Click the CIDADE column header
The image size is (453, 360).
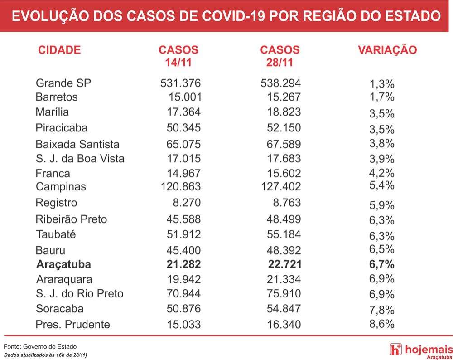pyautogui.click(x=59, y=50)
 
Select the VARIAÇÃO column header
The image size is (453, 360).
pyautogui.click(x=387, y=50)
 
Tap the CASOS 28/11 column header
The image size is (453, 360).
pyautogui.click(x=280, y=56)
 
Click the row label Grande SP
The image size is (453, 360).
pyautogui.click(x=63, y=83)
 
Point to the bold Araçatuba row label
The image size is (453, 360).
pyautogui.click(x=63, y=264)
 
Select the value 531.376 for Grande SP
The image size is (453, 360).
pyautogui.click(x=180, y=83)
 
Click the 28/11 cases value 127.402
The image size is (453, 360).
pyautogui.click(x=281, y=186)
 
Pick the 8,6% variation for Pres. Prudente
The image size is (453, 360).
pyautogui.click(x=381, y=324)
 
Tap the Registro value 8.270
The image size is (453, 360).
pyautogui.click(x=187, y=202)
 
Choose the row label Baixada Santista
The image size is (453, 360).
pyautogui.click(x=77, y=144)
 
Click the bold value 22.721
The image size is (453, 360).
pyautogui.click(x=284, y=264)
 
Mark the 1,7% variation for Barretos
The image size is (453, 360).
pyautogui.click(x=381, y=97)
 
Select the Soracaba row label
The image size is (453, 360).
pyautogui.click(x=59, y=308)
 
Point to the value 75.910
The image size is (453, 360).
pyautogui.click(x=284, y=293)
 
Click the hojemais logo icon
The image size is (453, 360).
pyautogui.click(x=395, y=349)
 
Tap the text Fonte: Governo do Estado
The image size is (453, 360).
pyautogui.click(x=40, y=346)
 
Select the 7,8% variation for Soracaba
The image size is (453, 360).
pyautogui.click(x=381, y=310)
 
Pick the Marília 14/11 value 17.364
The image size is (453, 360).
pyautogui.click(x=184, y=112)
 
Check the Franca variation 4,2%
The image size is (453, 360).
pyautogui.click(x=381, y=173)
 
